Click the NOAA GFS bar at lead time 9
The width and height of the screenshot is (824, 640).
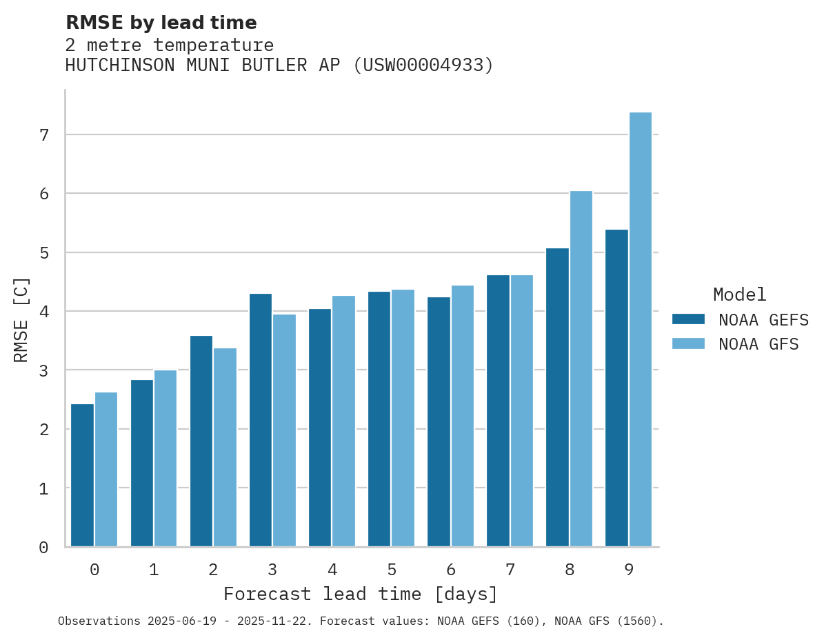[x=641, y=330]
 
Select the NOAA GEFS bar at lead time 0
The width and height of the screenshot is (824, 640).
[x=82, y=475]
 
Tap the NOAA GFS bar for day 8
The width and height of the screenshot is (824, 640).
[x=581, y=369]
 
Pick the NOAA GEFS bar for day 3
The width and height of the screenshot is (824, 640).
[x=261, y=420]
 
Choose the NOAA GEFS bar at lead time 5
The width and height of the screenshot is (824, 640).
[x=379, y=419]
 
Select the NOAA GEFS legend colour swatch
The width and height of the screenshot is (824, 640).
[x=688, y=319]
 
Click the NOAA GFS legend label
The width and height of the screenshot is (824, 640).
[x=758, y=344]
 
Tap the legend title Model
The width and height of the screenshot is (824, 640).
[x=739, y=294]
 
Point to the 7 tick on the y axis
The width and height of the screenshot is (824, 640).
[x=44, y=135]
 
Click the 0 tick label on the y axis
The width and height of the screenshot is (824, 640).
[x=44, y=548]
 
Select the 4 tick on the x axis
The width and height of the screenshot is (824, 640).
[x=332, y=570]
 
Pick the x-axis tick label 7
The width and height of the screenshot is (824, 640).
[x=510, y=570]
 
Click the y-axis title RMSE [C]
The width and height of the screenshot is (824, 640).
[x=22, y=319]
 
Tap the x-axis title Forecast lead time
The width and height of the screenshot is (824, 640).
[x=361, y=594]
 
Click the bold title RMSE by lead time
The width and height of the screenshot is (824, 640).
[x=161, y=23]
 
